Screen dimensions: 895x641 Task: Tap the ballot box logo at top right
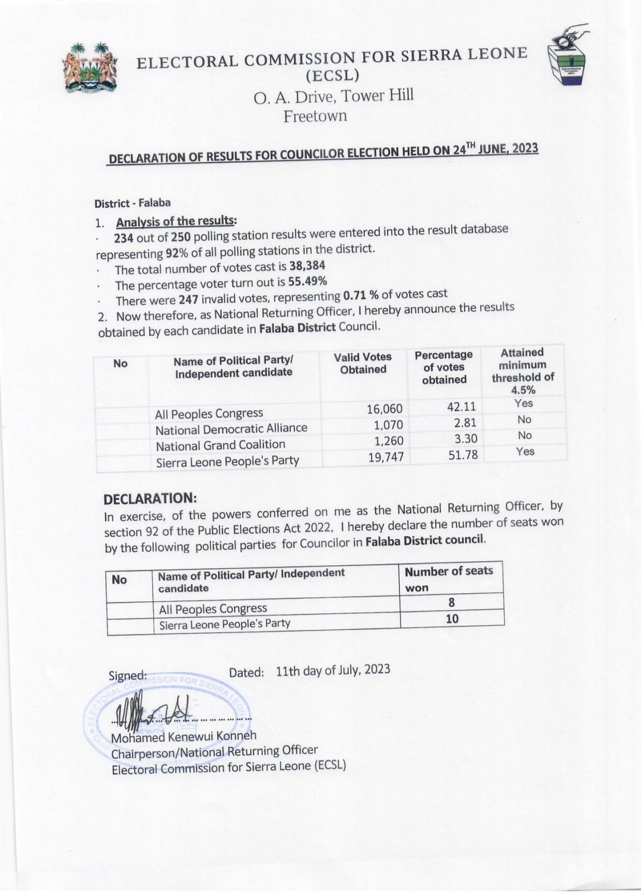coord(568,56)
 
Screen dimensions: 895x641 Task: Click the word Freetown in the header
coord(315,116)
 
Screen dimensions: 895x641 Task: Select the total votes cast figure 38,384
coord(307,266)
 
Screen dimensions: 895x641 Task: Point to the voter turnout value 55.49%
coord(307,281)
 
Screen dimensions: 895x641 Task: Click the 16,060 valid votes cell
coord(385,409)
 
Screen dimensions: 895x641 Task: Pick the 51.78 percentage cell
coord(463,455)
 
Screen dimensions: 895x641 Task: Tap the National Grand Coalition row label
coord(220,445)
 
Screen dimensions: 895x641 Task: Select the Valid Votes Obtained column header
coord(363,363)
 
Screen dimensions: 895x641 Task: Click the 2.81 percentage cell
coord(465,423)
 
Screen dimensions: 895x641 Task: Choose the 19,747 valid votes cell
coord(386,457)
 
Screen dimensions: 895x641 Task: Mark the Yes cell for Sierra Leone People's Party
coord(525,451)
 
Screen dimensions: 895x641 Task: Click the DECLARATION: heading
coord(150,498)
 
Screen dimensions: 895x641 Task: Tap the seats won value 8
coord(452,603)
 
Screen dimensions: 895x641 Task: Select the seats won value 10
coord(452,619)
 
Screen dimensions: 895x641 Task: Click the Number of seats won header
coord(448,579)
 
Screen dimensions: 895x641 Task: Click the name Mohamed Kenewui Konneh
coord(184,737)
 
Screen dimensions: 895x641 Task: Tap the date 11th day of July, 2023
coord(333,670)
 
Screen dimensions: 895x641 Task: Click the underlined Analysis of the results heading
coord(176,221)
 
